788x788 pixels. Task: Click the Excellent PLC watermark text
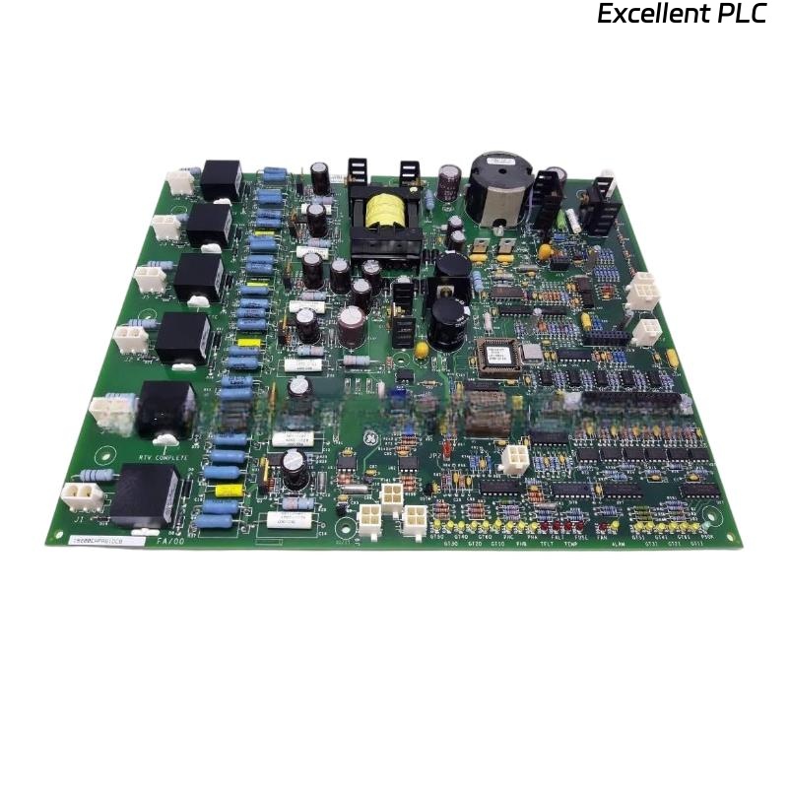pos(681,15)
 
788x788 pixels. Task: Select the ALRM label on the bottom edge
pos(619,543)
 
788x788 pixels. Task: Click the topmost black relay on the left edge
pos(221,180)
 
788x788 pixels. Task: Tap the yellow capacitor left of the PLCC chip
pos(423,350)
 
